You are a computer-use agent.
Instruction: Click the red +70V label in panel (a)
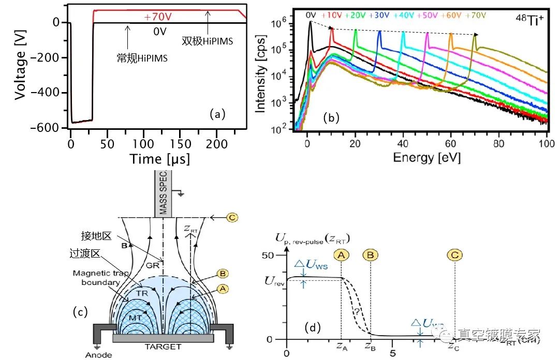[x=158, y=17]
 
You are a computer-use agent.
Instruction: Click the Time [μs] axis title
[x=158, y=158]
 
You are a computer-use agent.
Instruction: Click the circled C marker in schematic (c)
[x=232, y=217]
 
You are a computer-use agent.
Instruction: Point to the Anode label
[x=99, y=355]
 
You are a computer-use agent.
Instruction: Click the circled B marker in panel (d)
[x=371, y=255]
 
